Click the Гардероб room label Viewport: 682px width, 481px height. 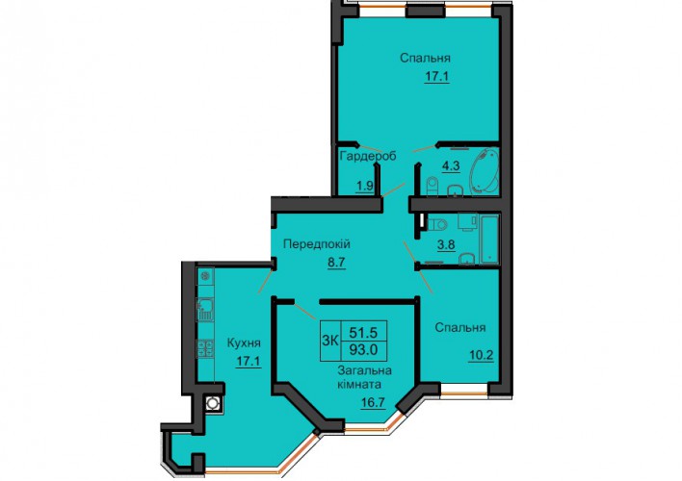(368, 156)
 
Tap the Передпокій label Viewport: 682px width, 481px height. (317, 244)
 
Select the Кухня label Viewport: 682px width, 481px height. (244, 343)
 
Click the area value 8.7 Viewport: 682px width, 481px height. (336, 263)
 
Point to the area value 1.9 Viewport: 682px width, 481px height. (365, 186)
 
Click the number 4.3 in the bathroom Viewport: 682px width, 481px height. (451, 166)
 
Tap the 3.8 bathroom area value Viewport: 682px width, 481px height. (446, 245)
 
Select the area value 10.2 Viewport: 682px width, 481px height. (481, 356)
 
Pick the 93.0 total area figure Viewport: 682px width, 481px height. (363, 349)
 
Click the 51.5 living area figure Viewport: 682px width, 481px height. (363, 333)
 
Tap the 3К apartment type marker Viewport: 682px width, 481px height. (330, 342)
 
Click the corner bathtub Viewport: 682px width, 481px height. (484, 171)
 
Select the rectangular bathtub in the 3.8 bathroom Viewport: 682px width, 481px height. (489, 240)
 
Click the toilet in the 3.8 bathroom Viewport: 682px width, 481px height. (436, 225)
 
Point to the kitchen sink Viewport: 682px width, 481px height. (206, 310)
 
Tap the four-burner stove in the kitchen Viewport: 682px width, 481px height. (205, 348)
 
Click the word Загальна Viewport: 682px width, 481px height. (365, 370)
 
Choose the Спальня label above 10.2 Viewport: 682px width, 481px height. (460, 328)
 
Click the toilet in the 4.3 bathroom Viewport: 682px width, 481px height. (433, 187)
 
